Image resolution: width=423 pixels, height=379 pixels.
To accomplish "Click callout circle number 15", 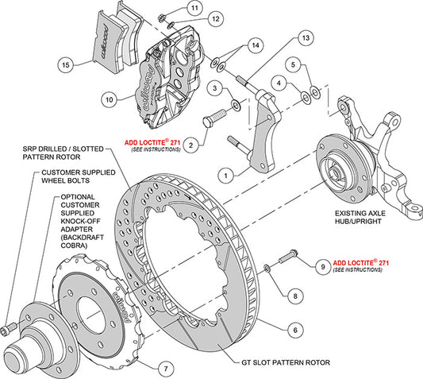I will (66, 64).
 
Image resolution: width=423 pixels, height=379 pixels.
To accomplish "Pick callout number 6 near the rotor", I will (294, 329).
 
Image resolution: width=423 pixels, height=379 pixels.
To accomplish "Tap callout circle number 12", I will (194, 17).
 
